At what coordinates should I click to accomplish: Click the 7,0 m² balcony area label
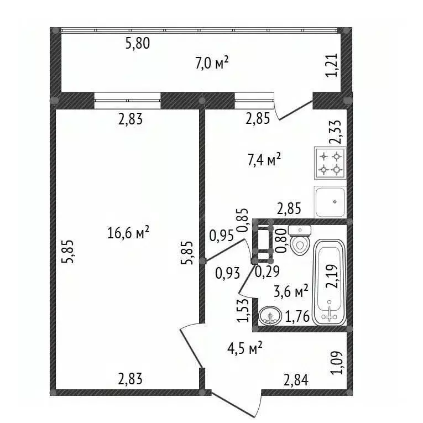[x=212, y=64]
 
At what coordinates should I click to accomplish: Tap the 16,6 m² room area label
[x=128, y=233]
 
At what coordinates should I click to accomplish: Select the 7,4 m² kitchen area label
[x=264, y=160]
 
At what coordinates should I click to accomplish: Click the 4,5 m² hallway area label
[x=244, y=348]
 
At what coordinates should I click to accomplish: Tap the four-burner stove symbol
[x=331, y=163]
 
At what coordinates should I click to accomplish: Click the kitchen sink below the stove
[x=331, y=202]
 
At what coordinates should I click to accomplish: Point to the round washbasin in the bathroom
[x=270, y=316]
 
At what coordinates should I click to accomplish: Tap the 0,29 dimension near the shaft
[x=267, y=271]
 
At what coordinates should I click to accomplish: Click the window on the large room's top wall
[x=127, y=101]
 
